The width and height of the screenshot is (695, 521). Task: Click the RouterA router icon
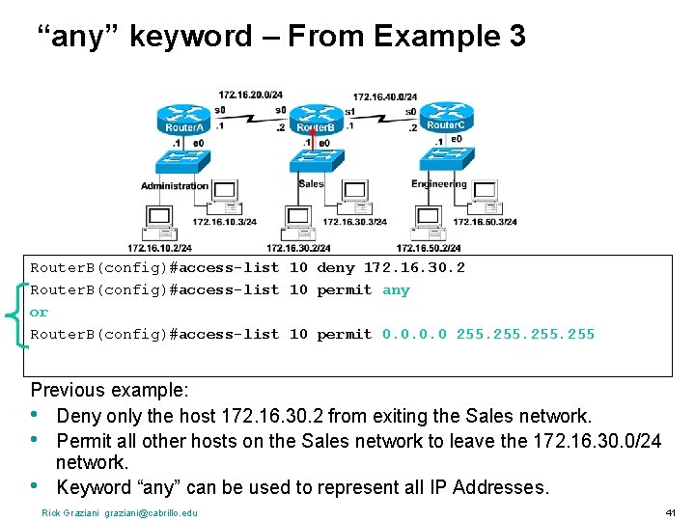182,119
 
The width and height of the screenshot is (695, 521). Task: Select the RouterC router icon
445,119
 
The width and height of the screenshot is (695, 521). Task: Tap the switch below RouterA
183,162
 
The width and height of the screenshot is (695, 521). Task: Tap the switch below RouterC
445,162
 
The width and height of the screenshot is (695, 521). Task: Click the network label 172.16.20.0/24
250,95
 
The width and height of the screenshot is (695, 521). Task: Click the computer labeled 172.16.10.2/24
159,224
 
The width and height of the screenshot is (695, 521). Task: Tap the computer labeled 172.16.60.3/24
483,197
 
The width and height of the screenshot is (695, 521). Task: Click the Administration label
175,185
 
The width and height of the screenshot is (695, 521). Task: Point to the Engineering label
438,183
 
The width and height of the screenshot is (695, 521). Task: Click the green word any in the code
396,289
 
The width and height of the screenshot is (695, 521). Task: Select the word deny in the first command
336,267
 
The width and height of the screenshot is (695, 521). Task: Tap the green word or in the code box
40,312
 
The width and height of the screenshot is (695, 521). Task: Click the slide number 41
671,511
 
